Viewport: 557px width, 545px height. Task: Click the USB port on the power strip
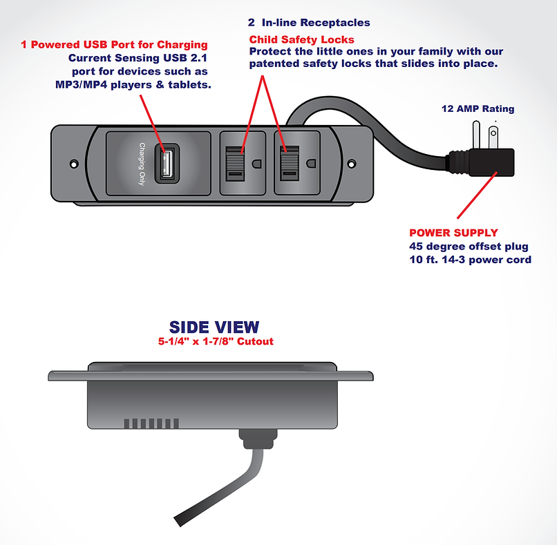click(x=166, y=163)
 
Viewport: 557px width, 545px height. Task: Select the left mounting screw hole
click(x=74, y=164)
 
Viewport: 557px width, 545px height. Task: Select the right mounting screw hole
click(x=351, y=164)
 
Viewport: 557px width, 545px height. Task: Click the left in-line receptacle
click(x=241, y=164)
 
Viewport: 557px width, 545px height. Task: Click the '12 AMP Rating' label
click(x=478, y=108)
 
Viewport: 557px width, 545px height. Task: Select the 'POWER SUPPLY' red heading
click(x=453, y=233)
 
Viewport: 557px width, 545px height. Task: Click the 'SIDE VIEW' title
click(x=214, y=327)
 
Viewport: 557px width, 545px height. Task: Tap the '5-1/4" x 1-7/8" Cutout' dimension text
click(x=214, y=341)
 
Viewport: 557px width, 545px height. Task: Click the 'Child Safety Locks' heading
click(x=301, y=39)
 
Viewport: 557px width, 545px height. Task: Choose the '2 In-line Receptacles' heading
click(x=309, y=23)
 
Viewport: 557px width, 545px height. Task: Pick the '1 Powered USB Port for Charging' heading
click(x=114, y=45)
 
